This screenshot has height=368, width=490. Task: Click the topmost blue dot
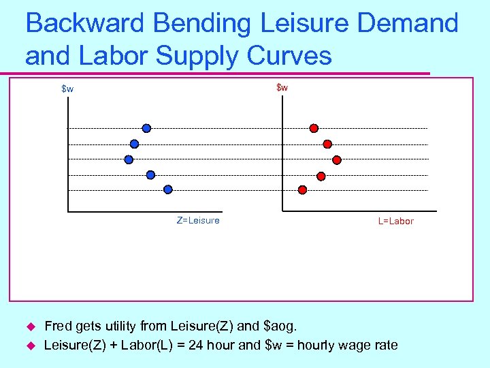pos(146,128)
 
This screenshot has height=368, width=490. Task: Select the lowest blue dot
pos(168,189)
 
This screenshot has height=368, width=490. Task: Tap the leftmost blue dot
pos(129,159)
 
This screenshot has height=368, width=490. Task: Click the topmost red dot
pos(314,128)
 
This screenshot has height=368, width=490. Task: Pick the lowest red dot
pos(303,190)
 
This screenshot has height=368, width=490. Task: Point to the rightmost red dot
pos(336,160)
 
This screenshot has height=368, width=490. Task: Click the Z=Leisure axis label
pos(198,220)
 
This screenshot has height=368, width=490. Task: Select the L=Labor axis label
pos(396,221)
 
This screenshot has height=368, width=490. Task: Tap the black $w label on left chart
pos(67,89)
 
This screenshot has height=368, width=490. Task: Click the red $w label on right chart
pos(282,88)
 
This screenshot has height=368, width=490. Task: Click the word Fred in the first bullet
pos(58,326)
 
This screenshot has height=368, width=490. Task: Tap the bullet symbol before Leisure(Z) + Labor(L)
pos(29,346)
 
